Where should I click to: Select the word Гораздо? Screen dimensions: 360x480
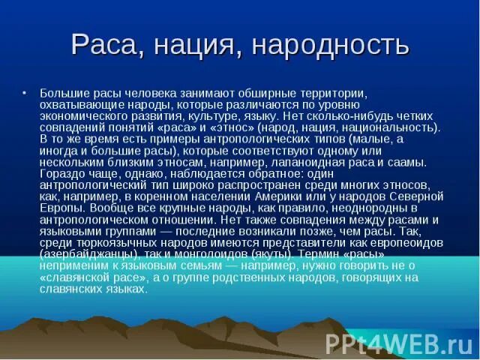pos(62,173)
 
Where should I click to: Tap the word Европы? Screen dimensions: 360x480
pos(61,207)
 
